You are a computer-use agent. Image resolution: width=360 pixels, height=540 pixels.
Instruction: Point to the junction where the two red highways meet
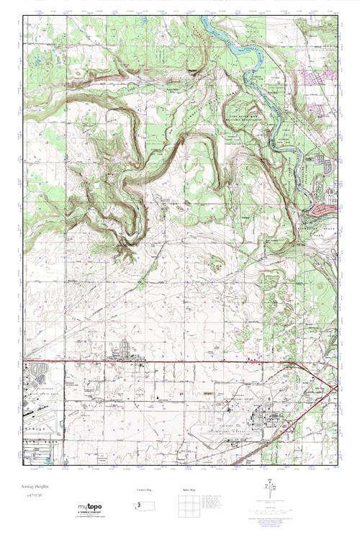point(292,366)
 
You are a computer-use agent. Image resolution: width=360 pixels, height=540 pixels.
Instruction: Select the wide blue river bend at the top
point(220,32)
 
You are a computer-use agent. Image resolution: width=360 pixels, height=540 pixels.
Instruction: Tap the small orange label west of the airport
point(210,393)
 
